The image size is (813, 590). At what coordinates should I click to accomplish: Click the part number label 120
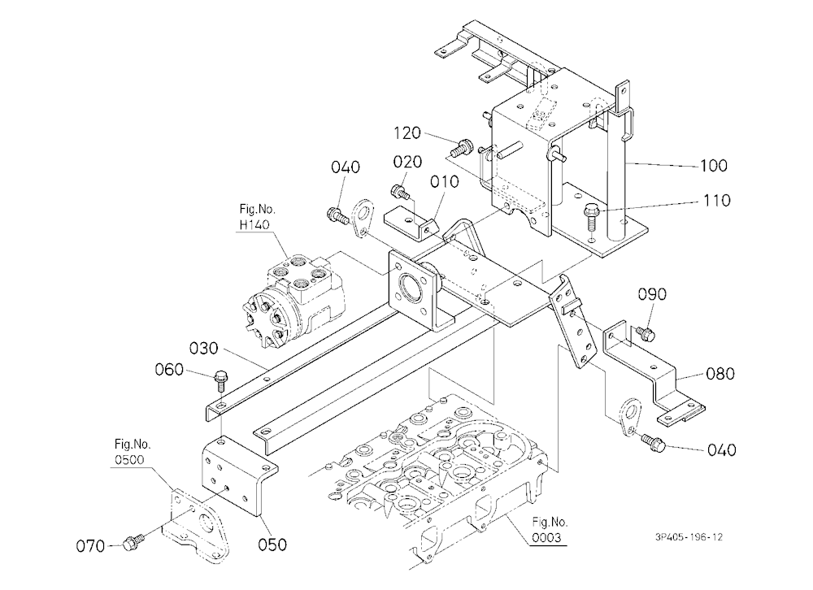coord(407,133)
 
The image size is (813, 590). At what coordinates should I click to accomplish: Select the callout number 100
coord(714,166)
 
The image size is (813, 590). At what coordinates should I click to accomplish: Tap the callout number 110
coord(716,200)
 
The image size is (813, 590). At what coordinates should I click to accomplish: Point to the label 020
coord(407,163)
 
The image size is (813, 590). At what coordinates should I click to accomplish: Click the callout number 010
coord(445,181)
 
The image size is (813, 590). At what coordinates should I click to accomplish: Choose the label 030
coord(204,348)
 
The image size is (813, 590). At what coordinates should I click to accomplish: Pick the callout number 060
coord(169,370)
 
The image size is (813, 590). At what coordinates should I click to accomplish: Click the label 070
coord(90,546)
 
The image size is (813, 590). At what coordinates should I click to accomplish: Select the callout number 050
coord(272,544)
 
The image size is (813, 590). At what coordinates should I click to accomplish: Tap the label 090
coord(652,294)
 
